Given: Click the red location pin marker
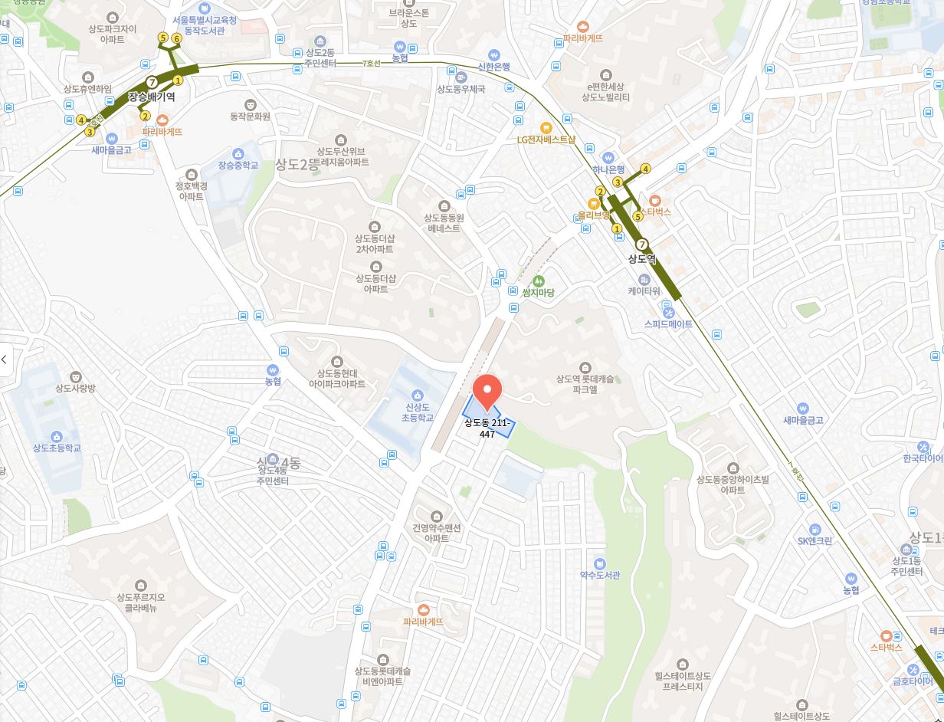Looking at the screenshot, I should pos(487,392).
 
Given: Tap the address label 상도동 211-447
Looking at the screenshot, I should pos(487,428).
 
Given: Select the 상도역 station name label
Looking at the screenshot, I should pos(642,258).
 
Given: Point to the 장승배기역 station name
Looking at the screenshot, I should pos(152,97).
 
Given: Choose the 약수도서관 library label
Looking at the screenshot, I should pos(599,575).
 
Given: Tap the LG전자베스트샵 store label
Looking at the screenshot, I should pos(546,139).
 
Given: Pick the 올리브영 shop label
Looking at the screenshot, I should pos(594,215).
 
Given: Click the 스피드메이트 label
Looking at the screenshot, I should pos(668,323).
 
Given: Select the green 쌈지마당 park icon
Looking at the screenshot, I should pos(538,281).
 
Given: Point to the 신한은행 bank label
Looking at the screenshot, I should pos(493,67).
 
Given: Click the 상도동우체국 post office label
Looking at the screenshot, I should pos(461,89).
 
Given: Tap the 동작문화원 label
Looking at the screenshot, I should pos(250,117).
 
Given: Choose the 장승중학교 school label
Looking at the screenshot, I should pos(238,165).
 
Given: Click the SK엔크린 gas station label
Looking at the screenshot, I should pos(815,540).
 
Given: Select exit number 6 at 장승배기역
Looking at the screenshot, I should pos(176,38).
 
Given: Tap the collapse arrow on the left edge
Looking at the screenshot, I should pos(5,359).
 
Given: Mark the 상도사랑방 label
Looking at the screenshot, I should pos(75,388).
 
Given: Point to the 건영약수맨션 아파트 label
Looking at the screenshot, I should pos(437,533).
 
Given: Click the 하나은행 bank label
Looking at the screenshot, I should pos(608,169).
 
